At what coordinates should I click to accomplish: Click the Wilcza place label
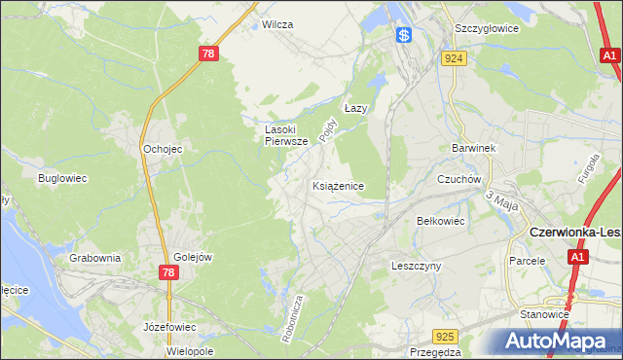pos(277,24)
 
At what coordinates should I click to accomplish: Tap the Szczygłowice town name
pos(483,28)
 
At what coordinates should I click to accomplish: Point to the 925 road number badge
pos(445,337)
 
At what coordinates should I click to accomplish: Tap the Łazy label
pos(355,109)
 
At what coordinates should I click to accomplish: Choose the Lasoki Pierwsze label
pos(286,134)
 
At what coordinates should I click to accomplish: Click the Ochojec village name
pos(163,149)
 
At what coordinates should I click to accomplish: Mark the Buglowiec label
pos(63,179)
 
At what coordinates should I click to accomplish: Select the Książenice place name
pos(339,185)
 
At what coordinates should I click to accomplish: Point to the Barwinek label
pos(474,148)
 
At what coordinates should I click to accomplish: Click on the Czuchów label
pos(459,179)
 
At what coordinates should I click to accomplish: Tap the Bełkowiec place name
pos(441,221)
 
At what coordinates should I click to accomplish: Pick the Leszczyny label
pos(417,265)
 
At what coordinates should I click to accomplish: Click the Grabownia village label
pos(95,258)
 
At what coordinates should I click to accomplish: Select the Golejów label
pos(193,257)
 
